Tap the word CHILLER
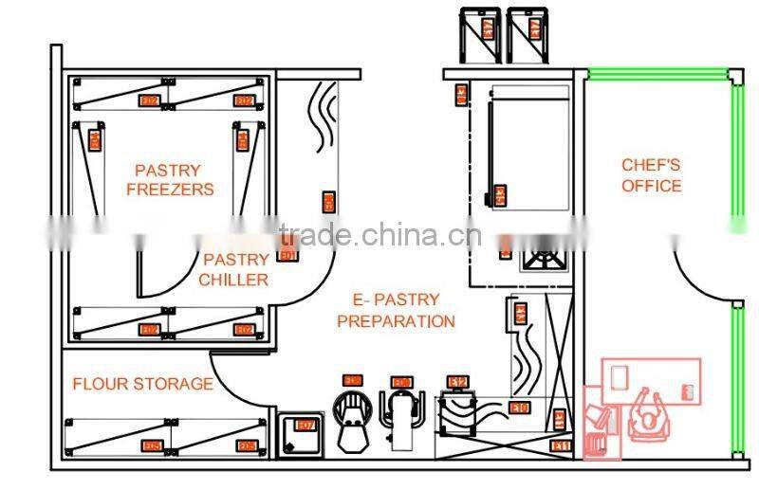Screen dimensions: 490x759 [233, 280]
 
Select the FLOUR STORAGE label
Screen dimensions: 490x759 [142, 384]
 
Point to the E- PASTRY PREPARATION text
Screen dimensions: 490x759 [396, 311]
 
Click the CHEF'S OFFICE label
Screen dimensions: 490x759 [651, 175]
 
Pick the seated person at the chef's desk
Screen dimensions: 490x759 [651, 414]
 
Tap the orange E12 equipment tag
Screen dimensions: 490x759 [458, 382]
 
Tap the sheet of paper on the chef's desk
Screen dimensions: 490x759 [620, 376]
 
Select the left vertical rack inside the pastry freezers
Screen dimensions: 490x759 [89, 166]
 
